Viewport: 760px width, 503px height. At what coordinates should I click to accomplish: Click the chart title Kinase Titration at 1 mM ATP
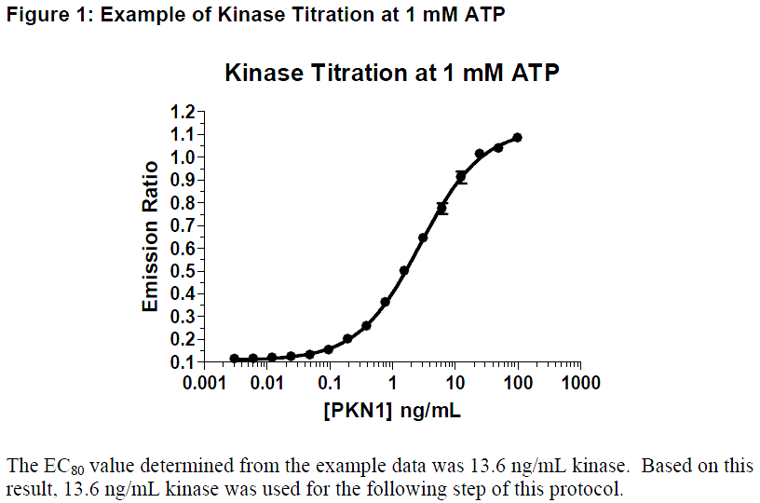coord(392,73)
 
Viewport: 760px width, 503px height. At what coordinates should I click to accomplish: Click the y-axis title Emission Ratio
coord(150,237)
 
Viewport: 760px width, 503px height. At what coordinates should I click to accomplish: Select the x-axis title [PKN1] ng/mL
coord(392,409)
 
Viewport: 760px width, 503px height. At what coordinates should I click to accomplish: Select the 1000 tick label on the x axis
coord(580,384)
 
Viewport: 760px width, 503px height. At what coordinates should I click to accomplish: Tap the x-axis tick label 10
coord(455,384)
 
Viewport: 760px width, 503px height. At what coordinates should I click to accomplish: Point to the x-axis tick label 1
coord(392,384)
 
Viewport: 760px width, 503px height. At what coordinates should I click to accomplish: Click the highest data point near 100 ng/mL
coord(517,138)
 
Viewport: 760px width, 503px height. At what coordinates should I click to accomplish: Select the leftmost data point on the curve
coord(234,359)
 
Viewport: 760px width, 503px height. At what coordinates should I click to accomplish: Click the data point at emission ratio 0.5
coord(404,271)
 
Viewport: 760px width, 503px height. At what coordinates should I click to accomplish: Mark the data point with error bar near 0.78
coord(442,208)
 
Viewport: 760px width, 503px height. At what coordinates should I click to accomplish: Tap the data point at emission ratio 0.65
coord(423,238)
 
